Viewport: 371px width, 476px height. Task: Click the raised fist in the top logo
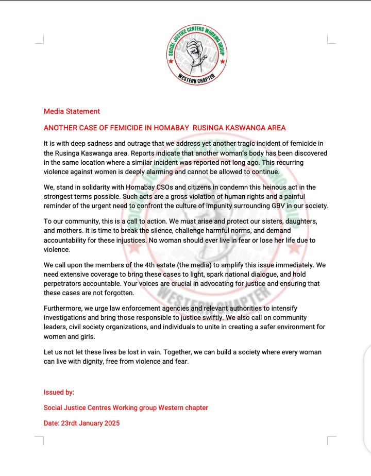197,53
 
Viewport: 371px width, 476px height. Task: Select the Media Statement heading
72,111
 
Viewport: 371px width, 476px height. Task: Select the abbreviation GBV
275,206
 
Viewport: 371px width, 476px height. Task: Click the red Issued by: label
59,392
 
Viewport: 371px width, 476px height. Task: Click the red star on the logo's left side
171,60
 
